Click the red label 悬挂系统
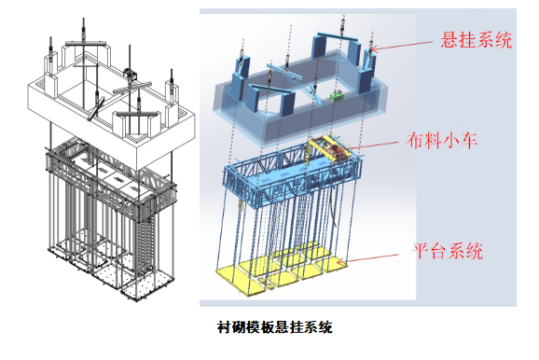tap(476, 40)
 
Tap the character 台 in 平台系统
tap(439, 250)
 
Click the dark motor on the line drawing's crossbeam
tap(128, 72)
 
